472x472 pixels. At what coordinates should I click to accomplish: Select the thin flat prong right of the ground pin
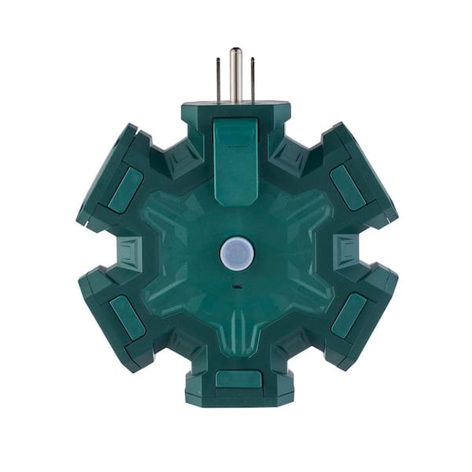pyautogui.click(x=252, y=80)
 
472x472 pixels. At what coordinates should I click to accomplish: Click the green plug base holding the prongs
pyautogui.click(x=235, y=110)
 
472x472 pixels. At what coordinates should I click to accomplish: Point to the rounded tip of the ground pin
pyautogui.click(x=235, y=53)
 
